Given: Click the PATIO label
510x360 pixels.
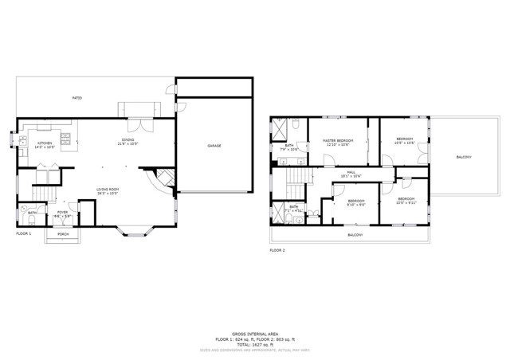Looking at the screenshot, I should tap(77, 98).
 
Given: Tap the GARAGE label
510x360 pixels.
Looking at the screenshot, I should tap(214, 146).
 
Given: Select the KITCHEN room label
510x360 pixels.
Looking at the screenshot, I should tap(45, 145).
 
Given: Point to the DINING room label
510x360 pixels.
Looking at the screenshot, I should tap(127, 142).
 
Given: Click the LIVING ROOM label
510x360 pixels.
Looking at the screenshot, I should tap(108, 190).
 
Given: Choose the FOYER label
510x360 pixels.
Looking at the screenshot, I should tap(62, 214).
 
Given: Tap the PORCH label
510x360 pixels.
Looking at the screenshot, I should tap(62, 234).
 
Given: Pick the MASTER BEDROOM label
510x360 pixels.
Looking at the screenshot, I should tap(338, 142).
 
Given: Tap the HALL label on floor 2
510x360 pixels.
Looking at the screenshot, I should tap(351, 174).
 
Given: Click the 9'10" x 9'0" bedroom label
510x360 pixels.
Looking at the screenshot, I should tap(355, 202).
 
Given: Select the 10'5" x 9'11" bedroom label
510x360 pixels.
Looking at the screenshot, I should tap(406, 200).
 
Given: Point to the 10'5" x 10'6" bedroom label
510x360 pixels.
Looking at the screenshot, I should tap(405, 142).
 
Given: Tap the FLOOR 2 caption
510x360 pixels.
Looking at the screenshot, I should tap(277, 250).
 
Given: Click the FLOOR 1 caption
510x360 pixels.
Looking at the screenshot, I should tap(24, 233).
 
